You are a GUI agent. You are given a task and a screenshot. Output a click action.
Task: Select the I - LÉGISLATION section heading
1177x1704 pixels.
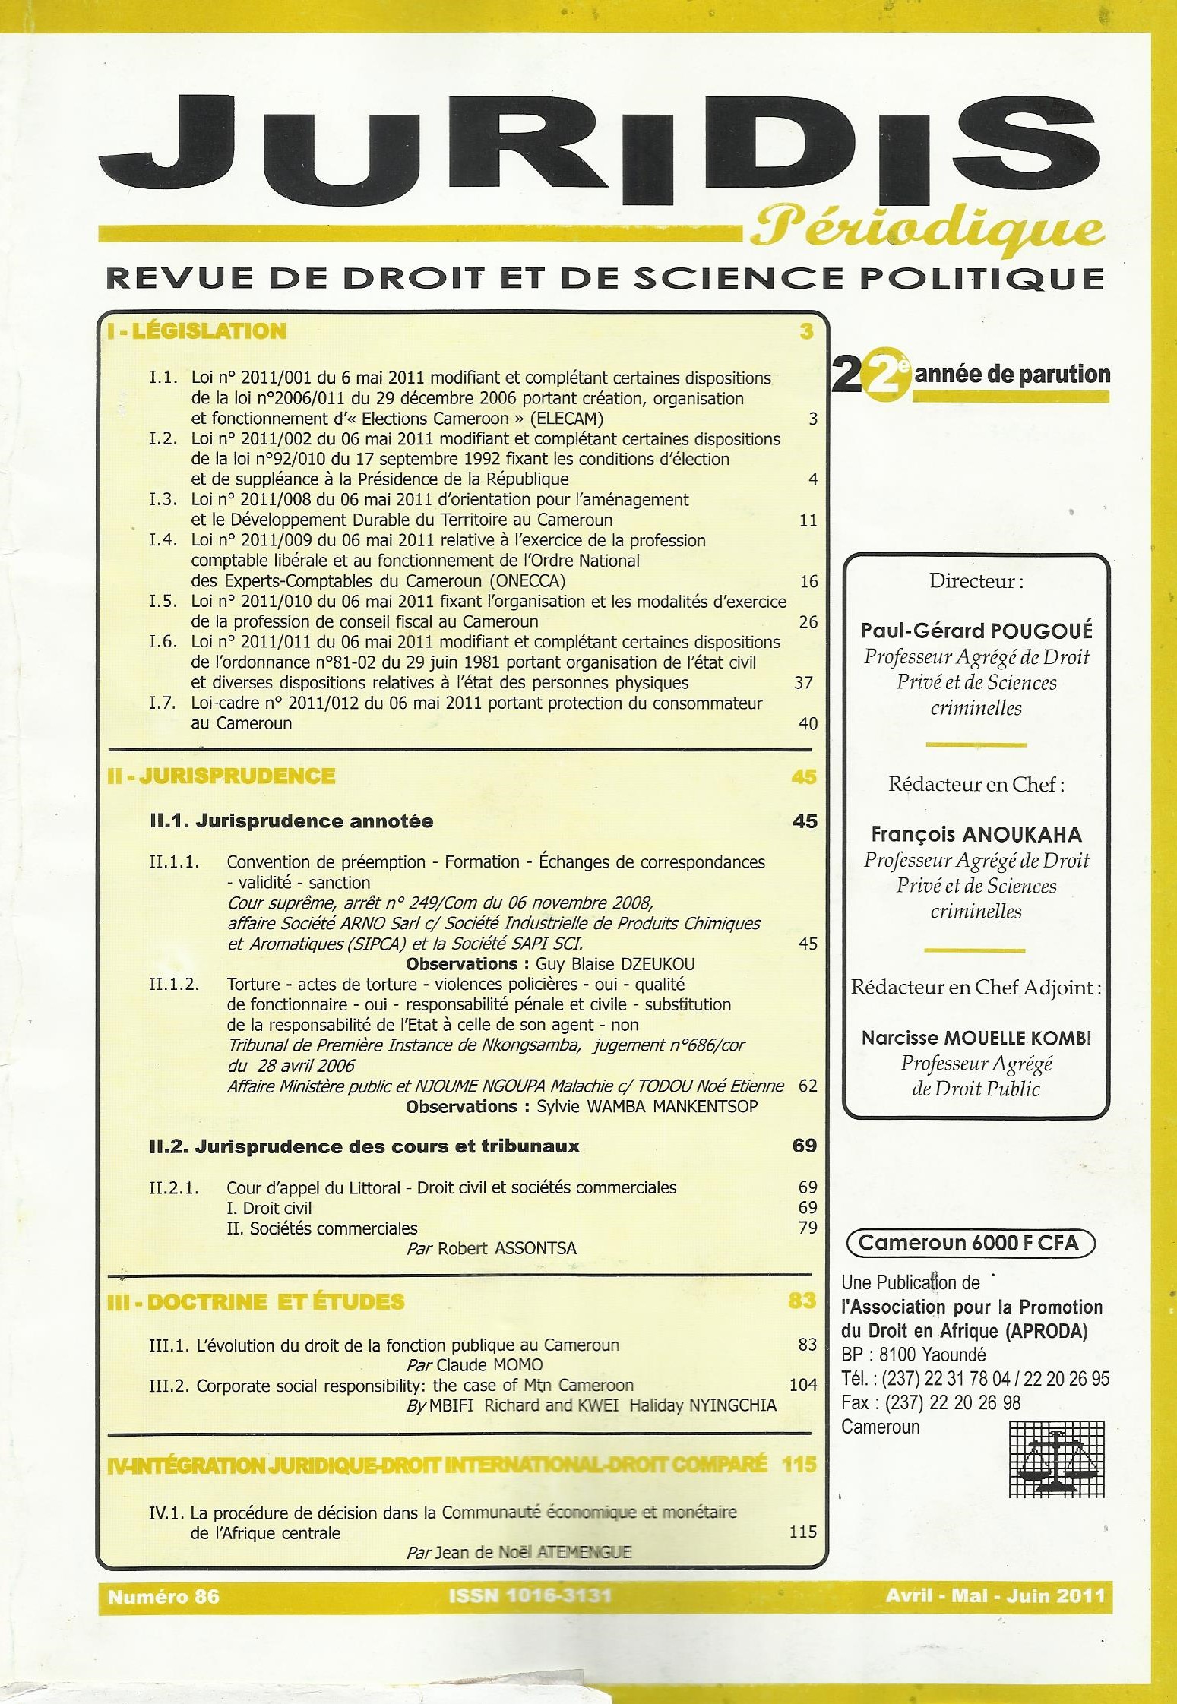point(197,330)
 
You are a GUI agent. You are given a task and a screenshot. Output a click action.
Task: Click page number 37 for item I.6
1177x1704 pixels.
point(804,682)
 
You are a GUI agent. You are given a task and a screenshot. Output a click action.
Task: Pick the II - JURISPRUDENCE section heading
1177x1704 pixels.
point(221,776)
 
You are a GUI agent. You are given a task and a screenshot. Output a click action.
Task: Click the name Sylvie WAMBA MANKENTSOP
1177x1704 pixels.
point(647,1106)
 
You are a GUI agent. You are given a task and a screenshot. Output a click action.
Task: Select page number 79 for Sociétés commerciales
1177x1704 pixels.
point(807,1228)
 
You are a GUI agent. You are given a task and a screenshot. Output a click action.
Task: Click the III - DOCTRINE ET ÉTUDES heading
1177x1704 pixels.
point(256,1301)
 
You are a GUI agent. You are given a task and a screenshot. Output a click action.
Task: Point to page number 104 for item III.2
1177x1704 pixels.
point(802,1385)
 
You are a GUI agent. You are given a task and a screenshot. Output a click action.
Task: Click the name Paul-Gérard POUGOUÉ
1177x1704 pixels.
point(976,631)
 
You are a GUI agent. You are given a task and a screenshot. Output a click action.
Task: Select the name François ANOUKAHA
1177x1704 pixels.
point(976,834)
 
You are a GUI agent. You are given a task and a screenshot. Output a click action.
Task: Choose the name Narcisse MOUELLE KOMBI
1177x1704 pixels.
point(976,1038)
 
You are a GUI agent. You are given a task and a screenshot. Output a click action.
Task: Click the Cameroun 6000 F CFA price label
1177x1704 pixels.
point(971,1243)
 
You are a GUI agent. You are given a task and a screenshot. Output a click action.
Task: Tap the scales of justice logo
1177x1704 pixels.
point(1056,1459)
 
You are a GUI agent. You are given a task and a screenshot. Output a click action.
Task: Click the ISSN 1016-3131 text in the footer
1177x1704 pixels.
point(530,1596)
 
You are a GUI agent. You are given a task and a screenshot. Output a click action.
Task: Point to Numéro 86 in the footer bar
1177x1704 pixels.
point(163,1597)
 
